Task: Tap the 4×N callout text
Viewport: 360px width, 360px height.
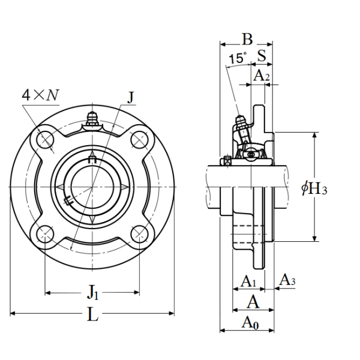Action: coord(41,95)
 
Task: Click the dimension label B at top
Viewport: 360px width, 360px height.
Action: coord(247,40)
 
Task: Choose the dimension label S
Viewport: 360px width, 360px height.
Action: coord(262,56)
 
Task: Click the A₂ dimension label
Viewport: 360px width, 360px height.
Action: coord(261,76)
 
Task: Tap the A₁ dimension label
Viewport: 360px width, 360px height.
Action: coord(248,281)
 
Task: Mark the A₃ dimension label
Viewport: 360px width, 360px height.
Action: coord(288,280)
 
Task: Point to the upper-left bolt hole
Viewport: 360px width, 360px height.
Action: coord(46,140)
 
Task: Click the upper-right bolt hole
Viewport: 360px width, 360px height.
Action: coord(140,140)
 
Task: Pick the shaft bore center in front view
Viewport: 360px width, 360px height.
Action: coord(92,187)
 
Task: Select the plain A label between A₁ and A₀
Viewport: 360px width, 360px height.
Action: coord(253,301)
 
